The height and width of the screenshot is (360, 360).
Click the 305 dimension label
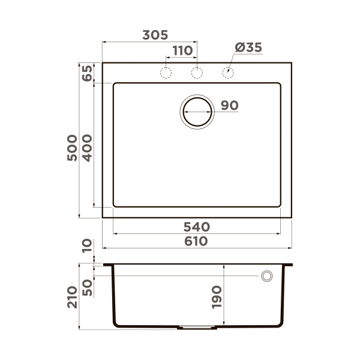[155, 35]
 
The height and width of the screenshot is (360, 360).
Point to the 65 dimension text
[86, 73]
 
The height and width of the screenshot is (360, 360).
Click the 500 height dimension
[71, 146]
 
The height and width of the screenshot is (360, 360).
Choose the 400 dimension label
[86, 146]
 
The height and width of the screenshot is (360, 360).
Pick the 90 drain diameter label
[229, 106]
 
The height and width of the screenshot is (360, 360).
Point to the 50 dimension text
[87, 287]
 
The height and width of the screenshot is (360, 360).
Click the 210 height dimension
[72, 296]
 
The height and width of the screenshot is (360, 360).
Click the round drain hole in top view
[197, 111]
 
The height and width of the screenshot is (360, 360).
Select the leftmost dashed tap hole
[166, 73]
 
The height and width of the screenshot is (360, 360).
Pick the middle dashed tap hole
[196, 73]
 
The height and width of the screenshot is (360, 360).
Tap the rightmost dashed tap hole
[228, 73]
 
